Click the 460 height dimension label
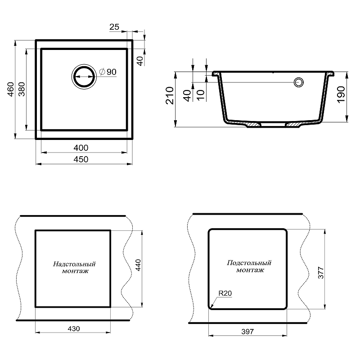point(11,89)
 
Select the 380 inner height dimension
point(22,89)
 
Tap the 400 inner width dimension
point(81,148)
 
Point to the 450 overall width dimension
point(81,159)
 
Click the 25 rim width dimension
point(114,27)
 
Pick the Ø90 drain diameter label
point(108,72)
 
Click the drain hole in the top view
point(84,76)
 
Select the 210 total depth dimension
point(170,95)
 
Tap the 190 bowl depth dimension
point(341,94)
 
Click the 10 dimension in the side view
point(201,95)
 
